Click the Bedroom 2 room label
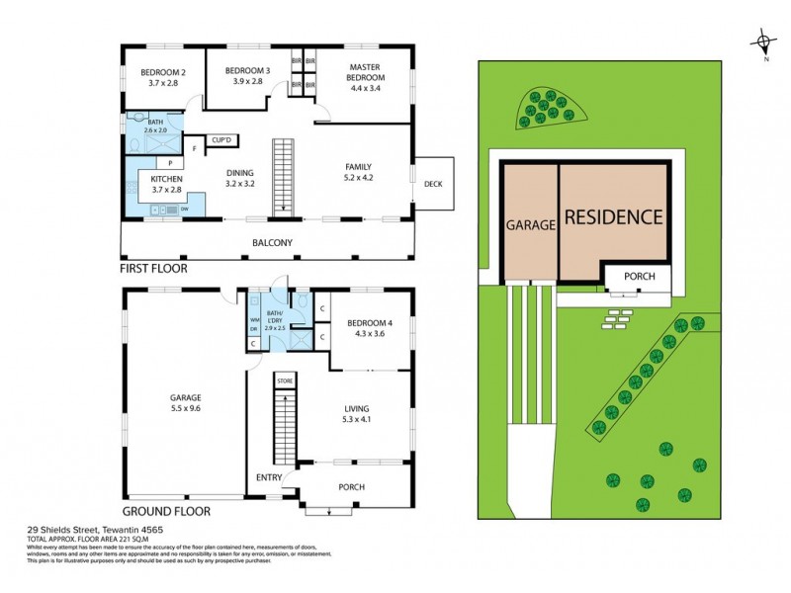tap(163, 73)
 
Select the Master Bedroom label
tap(365, 72)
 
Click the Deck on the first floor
tap(433, 184)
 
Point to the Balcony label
tap(272, 243)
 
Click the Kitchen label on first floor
tap(166, 178)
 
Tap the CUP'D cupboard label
tap(221, 140)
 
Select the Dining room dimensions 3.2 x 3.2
tap(241, 183)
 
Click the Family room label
tap(358, 167)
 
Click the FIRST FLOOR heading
tap(153, 268)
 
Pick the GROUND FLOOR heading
tap(164, 512)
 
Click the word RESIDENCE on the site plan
tap(613, 216)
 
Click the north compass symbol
tap(762, 42)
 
